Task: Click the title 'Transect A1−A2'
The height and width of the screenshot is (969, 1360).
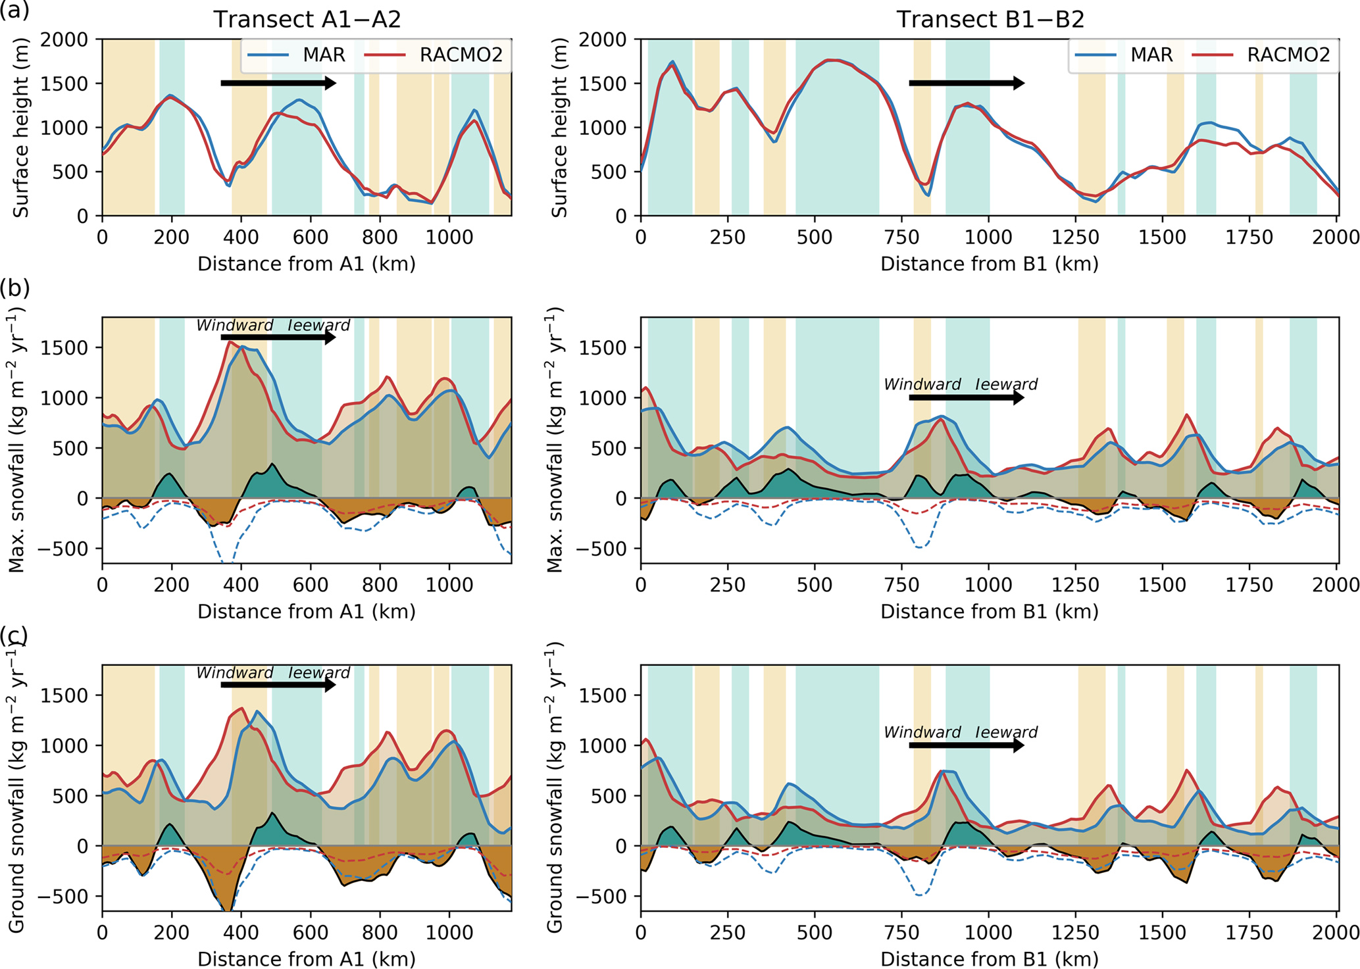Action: point(307,19)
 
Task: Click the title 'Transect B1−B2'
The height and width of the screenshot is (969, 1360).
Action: point(990,19)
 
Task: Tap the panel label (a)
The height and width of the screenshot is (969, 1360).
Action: point(14,11)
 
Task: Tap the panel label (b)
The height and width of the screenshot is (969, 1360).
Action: point(14,288)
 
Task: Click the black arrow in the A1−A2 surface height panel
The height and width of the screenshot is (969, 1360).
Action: point(278,83)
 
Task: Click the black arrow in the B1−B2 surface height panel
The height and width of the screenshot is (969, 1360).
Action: point(967,83)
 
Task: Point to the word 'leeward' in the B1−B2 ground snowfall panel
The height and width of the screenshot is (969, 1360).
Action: point(1006,732)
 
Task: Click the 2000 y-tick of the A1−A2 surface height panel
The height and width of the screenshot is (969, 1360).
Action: point(64,39)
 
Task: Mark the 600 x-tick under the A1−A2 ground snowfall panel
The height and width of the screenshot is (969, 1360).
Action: point(311,932)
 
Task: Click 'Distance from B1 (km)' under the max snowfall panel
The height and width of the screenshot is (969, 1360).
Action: point(990,612)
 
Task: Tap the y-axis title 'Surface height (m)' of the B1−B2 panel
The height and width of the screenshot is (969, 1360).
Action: point(560,128)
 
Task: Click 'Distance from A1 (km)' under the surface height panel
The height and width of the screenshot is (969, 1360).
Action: point(307,264)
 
